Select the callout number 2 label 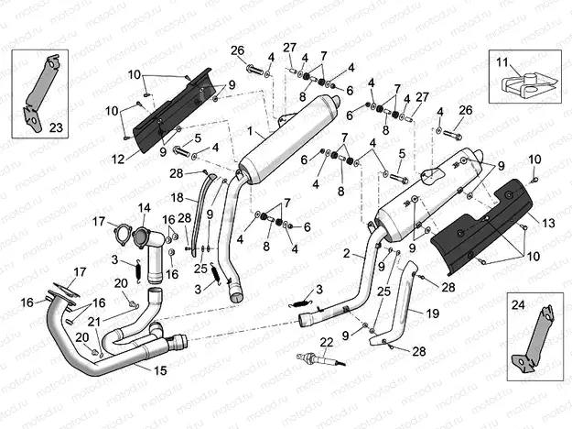pos(347,254)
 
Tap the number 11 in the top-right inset pos(501,62)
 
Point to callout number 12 pos(118,159)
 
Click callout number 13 pos(548,223)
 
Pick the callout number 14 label pos(144,208)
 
